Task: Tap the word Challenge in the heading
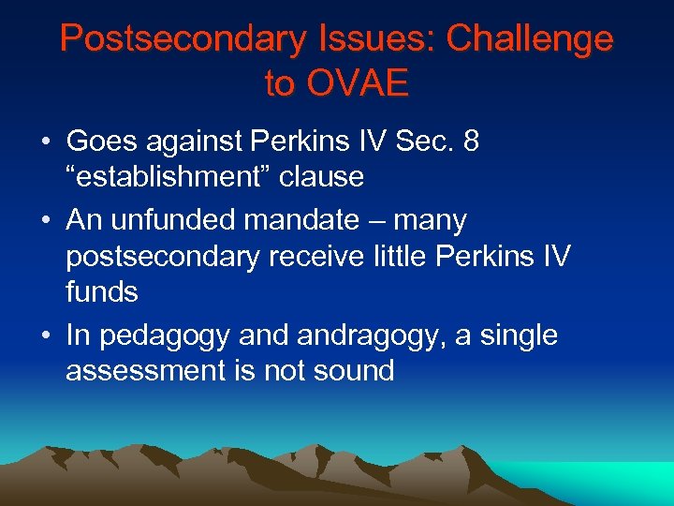[x=529, y=38]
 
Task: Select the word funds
[x=102, y=291]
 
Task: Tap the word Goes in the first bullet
[x=98, y=141]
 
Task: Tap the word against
[x=193, y=141]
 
